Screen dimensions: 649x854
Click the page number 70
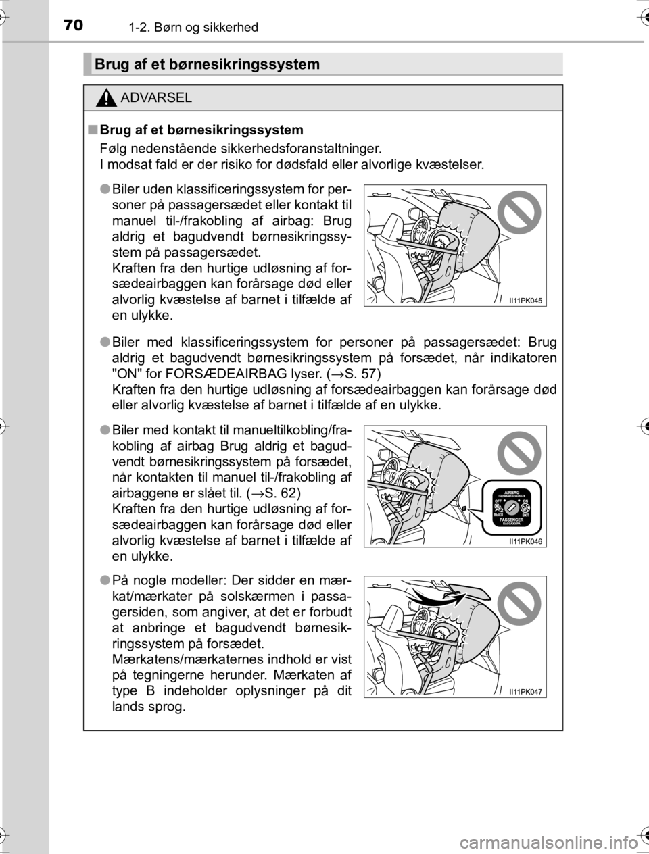74,26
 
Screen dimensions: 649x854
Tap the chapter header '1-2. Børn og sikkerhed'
193,27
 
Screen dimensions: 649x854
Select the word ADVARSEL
157,97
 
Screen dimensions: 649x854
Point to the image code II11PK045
525,301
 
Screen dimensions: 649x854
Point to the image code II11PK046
525,541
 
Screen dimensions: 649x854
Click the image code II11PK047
525,691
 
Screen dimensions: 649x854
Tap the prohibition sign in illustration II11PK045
519,212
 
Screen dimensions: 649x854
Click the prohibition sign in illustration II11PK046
519,453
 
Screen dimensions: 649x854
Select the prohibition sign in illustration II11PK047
519,603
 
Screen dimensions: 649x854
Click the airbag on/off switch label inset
512,507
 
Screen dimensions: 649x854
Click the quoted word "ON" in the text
124,374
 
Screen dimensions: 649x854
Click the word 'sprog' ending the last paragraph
165,707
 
